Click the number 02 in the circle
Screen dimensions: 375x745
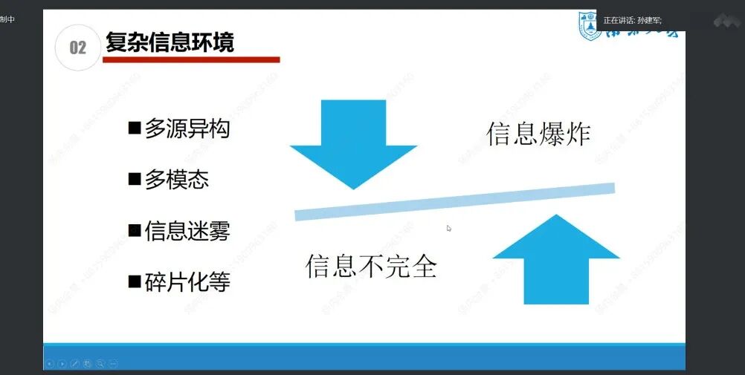pyautogui.click(x=77, y=48)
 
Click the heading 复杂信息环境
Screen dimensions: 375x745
pyautogui.click(x=170, y=42)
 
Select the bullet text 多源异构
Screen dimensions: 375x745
pyautogui.click(x=187, y=128)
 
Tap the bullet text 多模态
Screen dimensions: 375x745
pyautogui.click(x=176, y=180)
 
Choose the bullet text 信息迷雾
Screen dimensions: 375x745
pyautogui.click(x=187, y=231)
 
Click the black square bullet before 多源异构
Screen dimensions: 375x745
pyautogui.click(x=135, y=128)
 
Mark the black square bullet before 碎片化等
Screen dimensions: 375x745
pyautogui.click(x=135, y=281)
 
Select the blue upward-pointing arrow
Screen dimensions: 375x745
pyautogui.click(x=556, y=260)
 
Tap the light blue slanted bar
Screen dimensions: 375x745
pyautogui.click(x=454, y=201)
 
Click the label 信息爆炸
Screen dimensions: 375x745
pyautogui.click(x=538, y=134)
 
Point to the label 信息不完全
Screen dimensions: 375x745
pyautogui.click(x=370, y=266)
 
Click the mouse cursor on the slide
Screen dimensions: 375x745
pyautogui.click(x=449, y=228)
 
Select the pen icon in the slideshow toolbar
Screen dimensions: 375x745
pyautogui.click(x=75, y=363)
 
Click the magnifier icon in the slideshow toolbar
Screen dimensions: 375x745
pyautogui.click(x=100, y=363)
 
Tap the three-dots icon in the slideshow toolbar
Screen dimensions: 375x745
pyautogui.click(x=113, y=363)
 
